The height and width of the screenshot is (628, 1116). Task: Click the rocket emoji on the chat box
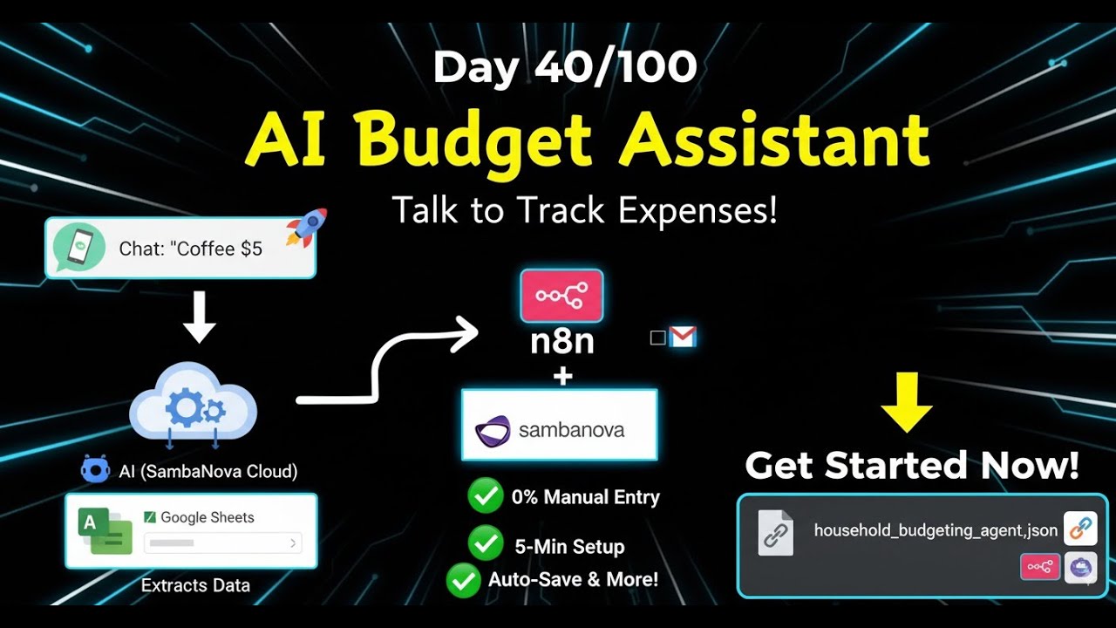pyautogui.click(x=306, y=227)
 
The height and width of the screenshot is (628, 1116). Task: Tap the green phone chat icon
pyautogui.click(x=79, y=248)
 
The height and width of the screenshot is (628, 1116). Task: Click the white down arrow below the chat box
pyautogui.click(x=200, y=317)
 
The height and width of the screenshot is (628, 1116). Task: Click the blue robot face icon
pyautogui.click(x=95, y=469)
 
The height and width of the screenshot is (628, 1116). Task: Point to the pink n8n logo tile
pyautogui.click(x=561, y=296)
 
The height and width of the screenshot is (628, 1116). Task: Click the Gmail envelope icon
pyautogui.click(x=683, y=337)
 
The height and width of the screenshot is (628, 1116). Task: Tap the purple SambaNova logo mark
pyautogui.click(x=493, y=431)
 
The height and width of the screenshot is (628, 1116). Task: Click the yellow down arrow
pyautogui.click(x=907, y=402)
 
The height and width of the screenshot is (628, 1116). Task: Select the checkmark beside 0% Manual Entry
pyautogui.click(x=486, y=495)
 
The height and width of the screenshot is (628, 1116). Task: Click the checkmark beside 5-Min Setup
pyautogui.click(x=486, y=543)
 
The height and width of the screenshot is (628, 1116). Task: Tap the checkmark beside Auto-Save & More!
pyautogui.click(x=463, y=580)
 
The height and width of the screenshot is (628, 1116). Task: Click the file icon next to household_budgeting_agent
pyautogui.click(x=775, y=533)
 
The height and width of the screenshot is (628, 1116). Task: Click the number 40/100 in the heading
pyautogui.click(x=616, y=67)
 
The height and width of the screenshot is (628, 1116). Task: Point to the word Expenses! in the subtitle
pyautogui.click(x=697, y=211)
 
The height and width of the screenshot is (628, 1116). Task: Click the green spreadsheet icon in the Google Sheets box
pyautogui.click(x=105, y=531)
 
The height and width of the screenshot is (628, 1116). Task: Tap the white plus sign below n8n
pyautogui.click(x=563, y=376)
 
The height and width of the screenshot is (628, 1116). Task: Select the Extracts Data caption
pyautogui.click(x=195, y=585)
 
